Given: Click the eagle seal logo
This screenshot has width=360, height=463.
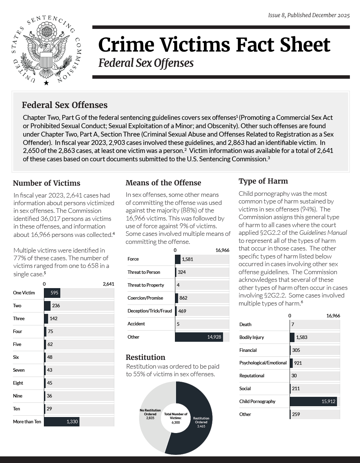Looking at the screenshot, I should (46, 50).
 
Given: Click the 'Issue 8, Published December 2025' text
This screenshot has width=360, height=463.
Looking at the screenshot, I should (309, 15).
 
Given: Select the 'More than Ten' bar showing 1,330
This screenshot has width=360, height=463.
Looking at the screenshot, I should (62, 422).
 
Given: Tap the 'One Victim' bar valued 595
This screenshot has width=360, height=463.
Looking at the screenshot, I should (52, 293).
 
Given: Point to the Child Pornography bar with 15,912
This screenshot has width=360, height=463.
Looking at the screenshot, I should (313, 401).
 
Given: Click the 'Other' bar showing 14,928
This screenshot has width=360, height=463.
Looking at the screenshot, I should (199, 337).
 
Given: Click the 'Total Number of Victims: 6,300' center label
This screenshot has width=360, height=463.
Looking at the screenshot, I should (176, 418).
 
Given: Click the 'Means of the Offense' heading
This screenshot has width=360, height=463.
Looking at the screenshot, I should (163, 183).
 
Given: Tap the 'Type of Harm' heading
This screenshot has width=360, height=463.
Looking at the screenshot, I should (263, 181).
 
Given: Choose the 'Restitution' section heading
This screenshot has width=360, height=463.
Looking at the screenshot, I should (145, 357).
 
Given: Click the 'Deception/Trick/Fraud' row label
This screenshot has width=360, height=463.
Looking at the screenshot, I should (150, 311).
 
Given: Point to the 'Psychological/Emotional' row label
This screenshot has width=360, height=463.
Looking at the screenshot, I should (263, 363).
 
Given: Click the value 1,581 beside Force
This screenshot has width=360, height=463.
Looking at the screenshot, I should (187, 259).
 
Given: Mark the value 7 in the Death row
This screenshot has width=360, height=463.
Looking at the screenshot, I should (293, 324).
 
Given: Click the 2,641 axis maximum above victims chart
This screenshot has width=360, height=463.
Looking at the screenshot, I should (108, 284).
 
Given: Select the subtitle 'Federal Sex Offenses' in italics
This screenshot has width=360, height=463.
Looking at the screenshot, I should (146, 63).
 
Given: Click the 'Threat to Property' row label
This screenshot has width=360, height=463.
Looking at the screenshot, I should (146, 285).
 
